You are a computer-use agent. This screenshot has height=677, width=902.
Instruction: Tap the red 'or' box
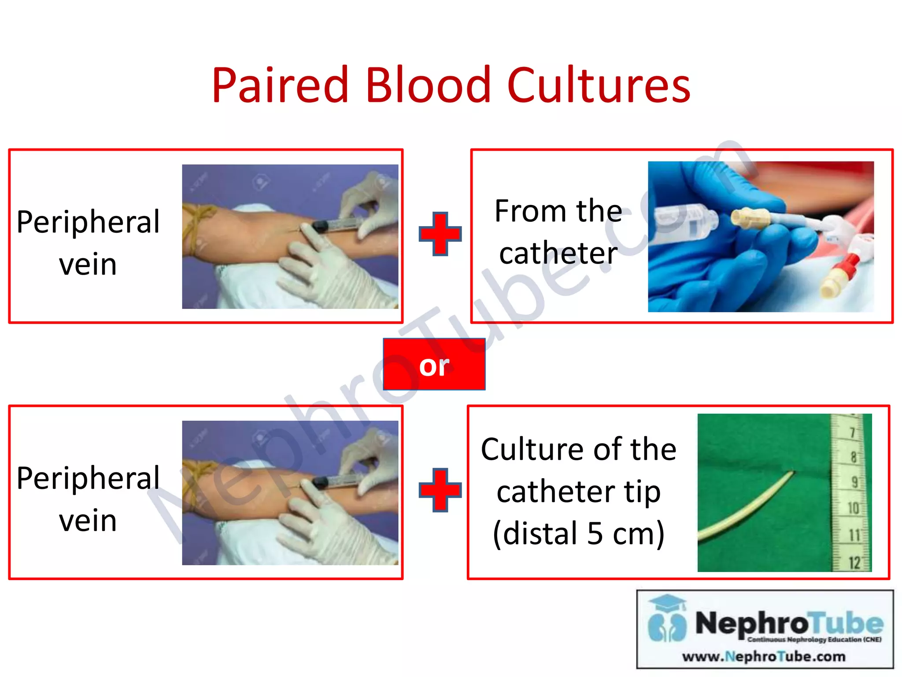[x=434, y=365]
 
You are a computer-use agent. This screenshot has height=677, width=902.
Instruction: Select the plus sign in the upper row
[x=440, y=234]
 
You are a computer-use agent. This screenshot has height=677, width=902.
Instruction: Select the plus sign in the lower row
[x=440, y=490]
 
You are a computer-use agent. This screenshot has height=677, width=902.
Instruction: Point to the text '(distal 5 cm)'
[x=578, y=533]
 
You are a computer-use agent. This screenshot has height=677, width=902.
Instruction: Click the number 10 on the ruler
[x=853, y=508]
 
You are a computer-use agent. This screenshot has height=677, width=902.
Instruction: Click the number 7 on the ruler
[x=853, y=432]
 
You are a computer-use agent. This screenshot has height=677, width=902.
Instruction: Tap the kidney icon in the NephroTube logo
[x=667, y=625]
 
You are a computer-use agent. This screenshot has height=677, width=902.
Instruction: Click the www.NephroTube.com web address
[x=764, y=657]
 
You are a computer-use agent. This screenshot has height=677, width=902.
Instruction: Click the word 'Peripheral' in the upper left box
[x=88, y=222]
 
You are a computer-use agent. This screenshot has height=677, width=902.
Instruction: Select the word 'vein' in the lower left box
[x=88, y=521]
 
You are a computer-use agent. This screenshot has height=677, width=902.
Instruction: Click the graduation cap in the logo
[x=668, y=602]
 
